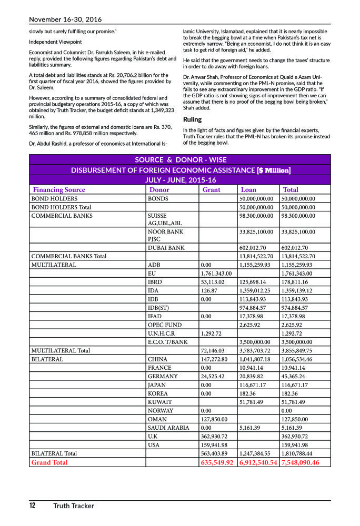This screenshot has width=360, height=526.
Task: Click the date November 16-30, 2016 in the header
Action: point(65,19)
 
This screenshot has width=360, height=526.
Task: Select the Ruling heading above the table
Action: point(192,119)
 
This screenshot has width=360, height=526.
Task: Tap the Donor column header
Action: point(159,189)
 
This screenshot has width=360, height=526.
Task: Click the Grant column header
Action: point(212,189)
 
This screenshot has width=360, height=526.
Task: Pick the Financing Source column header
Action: point(59,189)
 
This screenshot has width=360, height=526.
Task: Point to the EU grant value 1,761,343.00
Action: point(217,274)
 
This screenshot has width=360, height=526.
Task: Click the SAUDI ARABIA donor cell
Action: point(168,428)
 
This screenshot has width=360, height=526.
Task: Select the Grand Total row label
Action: point(49,462)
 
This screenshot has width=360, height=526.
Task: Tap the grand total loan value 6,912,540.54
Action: point(258,462)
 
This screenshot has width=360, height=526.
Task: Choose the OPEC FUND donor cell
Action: point(165,325)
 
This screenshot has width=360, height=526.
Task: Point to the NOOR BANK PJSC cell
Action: point(166,235)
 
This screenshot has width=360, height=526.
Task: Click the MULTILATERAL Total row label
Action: point(61,350)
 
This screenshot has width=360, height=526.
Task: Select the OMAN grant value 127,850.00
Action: point(214,419)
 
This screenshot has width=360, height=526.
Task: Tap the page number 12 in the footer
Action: point(32,506)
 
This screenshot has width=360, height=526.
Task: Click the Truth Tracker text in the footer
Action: point(73,506)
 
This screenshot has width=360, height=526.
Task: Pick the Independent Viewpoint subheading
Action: point(55,42)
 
